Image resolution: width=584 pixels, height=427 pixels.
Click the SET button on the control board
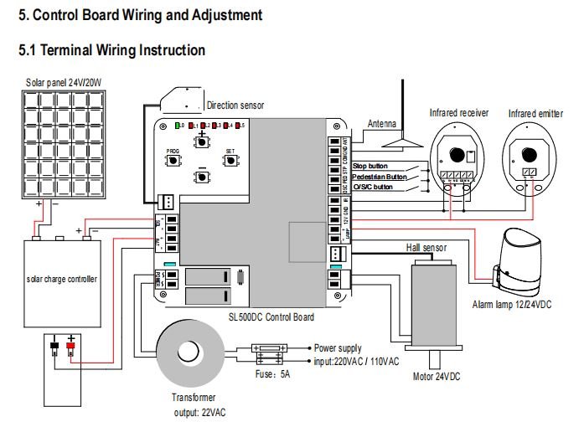click(x=230, y=157)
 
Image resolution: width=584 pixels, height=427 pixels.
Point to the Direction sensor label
click(x=235, y=106)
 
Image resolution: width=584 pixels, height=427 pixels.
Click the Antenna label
click(x=382, y=124)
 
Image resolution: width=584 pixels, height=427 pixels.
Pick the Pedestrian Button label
click(x=380, y=177)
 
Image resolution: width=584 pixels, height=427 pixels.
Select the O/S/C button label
click(x=374, y=187)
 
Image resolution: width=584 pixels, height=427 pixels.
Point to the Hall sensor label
click(x=426, y=248)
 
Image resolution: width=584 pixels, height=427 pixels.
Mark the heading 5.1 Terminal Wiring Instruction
click(x=111, y=50)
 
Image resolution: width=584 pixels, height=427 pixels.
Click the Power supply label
click(x=339, y=346)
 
